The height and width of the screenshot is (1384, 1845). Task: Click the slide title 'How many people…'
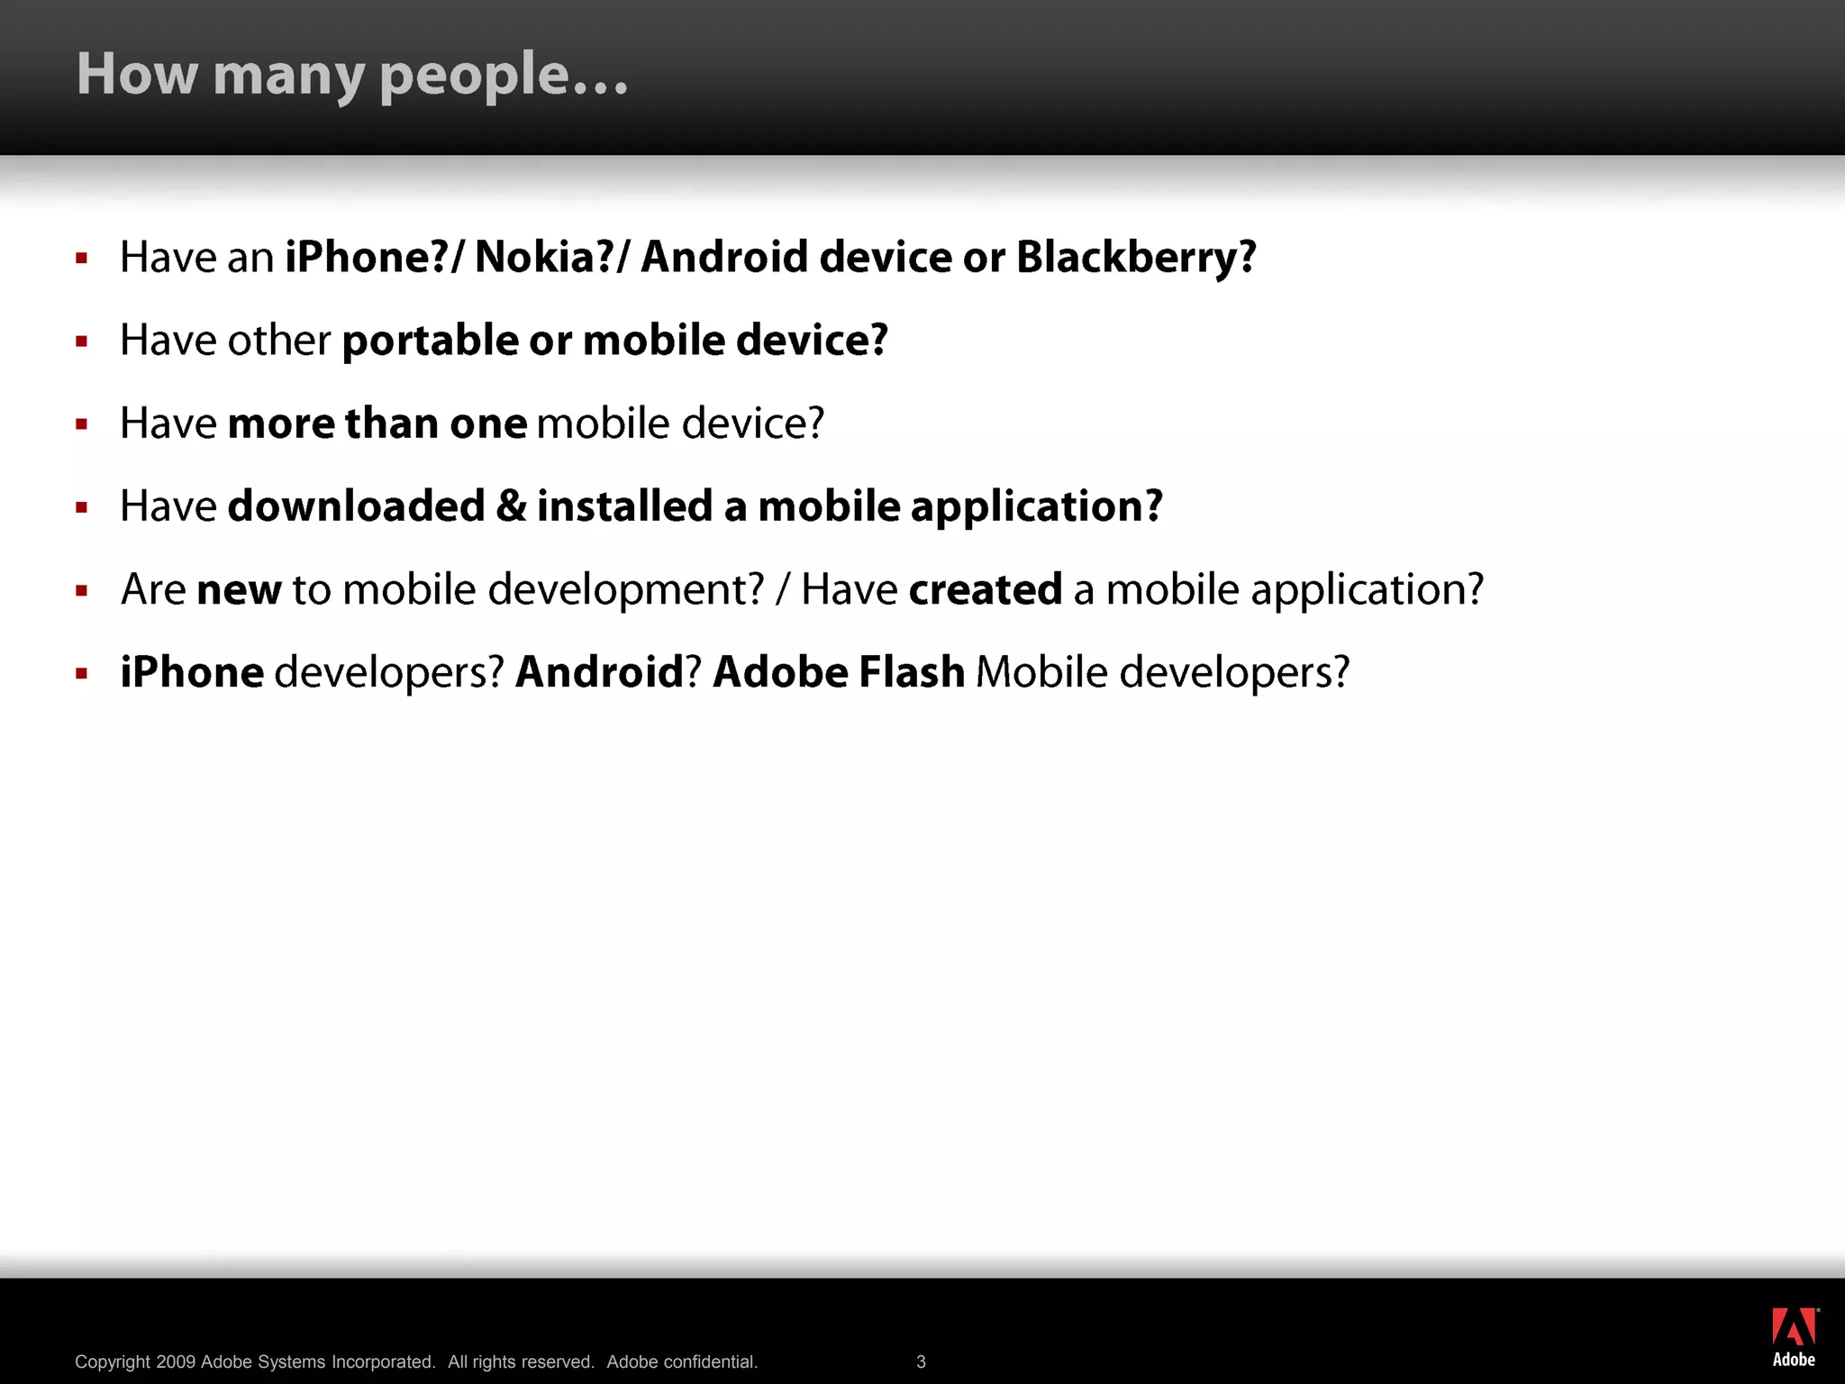[x=352, y=74]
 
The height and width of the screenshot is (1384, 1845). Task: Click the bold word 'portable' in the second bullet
[x=430, y=341]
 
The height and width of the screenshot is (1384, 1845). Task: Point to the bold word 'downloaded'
[x=356, y=506]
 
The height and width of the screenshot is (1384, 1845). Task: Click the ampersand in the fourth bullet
[x=511, y=506]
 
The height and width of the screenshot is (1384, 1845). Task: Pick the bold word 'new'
[x=239, y=590]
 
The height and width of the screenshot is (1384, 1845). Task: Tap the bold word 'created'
[x=986, y=590]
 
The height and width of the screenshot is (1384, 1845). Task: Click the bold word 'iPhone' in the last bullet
[x=192, y=673]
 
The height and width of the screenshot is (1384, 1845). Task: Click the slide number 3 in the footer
[x=921, y=1361]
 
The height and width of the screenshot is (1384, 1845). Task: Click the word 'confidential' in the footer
[x=710, y=1361]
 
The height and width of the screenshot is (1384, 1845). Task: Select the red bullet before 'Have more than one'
[x=82, y=424]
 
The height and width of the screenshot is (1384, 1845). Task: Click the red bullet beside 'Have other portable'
[x=82, y=341]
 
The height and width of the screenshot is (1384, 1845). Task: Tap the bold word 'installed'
[x=625, y=506]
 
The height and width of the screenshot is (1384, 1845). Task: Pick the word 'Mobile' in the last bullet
[x=1041, y=673]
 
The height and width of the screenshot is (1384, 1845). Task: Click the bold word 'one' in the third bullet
[x=488, y=424]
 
